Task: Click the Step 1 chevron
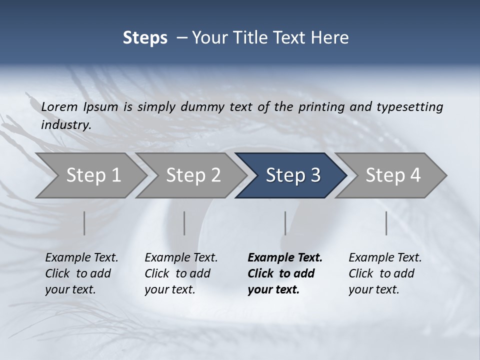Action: [x=93, y=175]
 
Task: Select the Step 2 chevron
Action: [x=193, y=175]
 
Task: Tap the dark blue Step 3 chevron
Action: [x=293, y=175]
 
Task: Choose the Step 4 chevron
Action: [x=393, y=175]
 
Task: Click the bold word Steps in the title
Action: [x=145, y=38]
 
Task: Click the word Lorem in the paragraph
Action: [x=59, y=106]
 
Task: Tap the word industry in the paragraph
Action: [x=65, y=125]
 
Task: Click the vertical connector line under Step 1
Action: [x=84, y=223]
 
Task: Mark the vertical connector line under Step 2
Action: [x=184, y=223]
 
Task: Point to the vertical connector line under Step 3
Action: [x=285, y=223]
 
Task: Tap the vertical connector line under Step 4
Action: [x=386, y=223]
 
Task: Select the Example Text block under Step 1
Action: [x=81, y=273]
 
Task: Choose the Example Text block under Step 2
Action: [x=181, y=273]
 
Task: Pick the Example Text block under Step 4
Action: [x=385, y=273]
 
